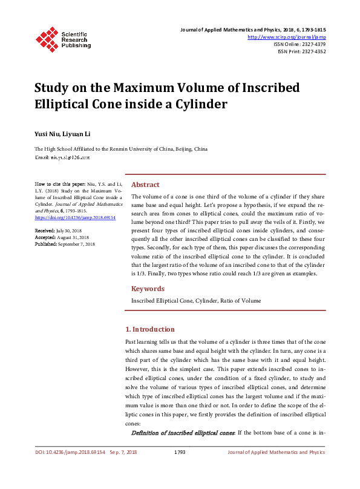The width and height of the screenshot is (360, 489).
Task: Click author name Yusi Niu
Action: (47, 133)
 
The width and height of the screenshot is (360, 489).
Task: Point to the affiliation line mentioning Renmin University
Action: (120, 149)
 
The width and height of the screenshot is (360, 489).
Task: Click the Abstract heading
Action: (145, 185)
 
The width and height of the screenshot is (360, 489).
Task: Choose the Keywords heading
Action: (148, 289)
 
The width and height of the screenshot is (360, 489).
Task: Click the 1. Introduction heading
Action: (149, 329)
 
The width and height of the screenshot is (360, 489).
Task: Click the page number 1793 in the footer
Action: (179, 452)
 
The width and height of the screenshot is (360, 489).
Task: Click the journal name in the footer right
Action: (275, 452)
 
